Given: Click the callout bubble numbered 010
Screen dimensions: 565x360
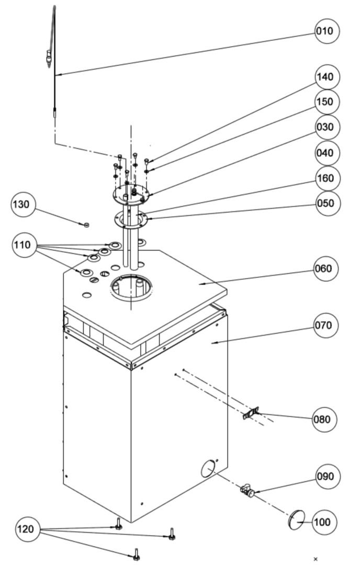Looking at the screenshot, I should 328,31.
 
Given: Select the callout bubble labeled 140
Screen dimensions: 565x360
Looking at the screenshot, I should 328,77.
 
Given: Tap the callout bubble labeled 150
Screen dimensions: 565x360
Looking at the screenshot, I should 328,101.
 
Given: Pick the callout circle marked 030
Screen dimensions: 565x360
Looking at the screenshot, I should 328,127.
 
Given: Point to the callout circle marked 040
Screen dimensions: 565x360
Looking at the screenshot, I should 328,153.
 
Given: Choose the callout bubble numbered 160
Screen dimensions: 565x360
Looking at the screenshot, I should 328,178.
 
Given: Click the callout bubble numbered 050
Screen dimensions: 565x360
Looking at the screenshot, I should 328,202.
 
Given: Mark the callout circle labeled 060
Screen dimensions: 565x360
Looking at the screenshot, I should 327,269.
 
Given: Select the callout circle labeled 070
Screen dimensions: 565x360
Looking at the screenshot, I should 327,325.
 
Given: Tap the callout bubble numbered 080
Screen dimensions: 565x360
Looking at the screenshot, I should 325,419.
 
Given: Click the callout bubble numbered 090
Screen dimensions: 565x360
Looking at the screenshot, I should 328,477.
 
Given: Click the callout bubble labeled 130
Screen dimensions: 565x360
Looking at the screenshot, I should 24,204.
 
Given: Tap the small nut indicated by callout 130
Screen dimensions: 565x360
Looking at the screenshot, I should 87,225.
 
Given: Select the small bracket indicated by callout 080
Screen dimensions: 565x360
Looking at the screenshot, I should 252,414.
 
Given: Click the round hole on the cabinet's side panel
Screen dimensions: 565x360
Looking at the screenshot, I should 208,467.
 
